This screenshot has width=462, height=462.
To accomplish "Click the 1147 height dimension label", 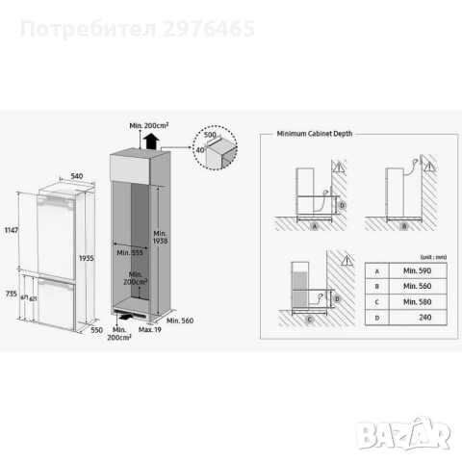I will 13,230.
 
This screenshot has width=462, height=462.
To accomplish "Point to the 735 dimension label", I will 13,291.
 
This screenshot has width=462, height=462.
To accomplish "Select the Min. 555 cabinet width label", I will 131,254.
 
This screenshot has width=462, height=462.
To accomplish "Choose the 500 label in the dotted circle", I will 209,139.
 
